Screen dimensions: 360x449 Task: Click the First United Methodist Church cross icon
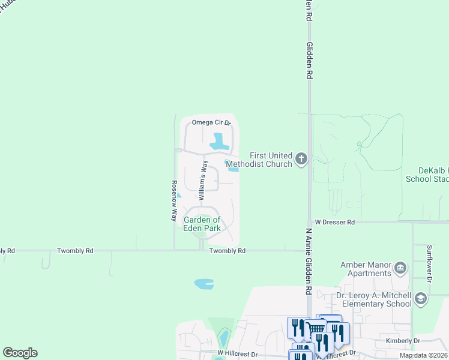[x=301, y=159]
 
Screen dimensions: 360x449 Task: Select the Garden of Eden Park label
[x=202, y=224]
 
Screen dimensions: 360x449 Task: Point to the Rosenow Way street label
[x=174, y=200]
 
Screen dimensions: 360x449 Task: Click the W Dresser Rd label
[x=334, y=222]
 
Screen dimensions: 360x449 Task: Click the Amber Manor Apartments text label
[x=366, y=269]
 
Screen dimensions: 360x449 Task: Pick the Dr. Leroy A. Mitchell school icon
[x=421, y=298]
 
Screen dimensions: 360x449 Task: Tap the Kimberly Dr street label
[x=403, y=340]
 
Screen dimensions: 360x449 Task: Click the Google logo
[x=20, y=353]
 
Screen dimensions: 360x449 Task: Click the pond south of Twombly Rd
[x=204, y=283]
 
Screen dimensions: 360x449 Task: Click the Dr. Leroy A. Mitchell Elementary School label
[x=373, y=300]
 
